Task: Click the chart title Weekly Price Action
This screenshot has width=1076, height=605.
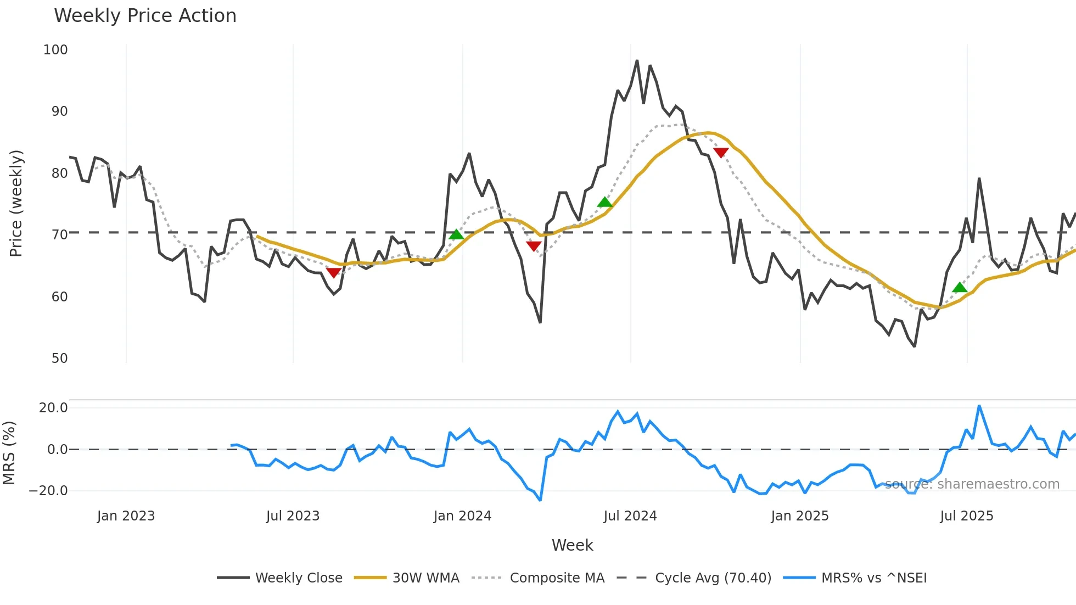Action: (145, 16)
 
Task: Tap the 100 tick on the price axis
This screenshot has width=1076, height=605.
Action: (55, 50)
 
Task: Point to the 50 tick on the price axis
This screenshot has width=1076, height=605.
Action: (59, 358)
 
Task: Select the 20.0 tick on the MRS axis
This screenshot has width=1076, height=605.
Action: (53, 408)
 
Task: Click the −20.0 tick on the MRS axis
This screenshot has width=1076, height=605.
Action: (48, 491)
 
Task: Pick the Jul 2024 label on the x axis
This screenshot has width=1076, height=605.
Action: (630, 516)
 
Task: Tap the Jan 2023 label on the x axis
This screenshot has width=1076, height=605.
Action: (126, 516)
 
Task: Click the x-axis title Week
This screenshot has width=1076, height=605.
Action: (572, 545)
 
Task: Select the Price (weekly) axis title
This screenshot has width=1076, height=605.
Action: (16, 203)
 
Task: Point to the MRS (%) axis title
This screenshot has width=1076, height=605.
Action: (9, 453)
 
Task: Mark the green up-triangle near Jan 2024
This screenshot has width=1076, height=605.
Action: (456, 234)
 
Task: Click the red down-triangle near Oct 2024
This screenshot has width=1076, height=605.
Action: (721, 153)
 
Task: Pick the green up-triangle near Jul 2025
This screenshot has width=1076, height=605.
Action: (960, 287)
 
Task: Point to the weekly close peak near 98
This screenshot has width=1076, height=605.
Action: (637, 60)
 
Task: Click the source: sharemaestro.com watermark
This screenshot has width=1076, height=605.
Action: (972, 484)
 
